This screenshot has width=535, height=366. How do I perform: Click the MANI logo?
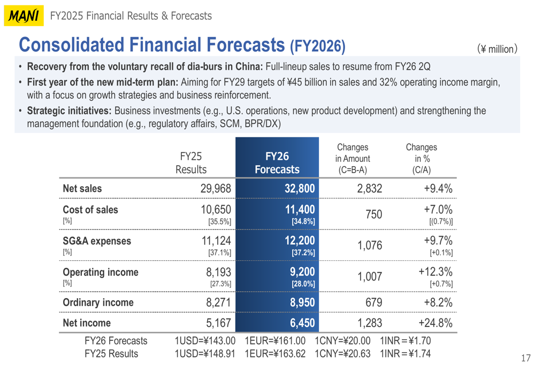(23, 16)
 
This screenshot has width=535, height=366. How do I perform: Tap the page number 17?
(525, 357)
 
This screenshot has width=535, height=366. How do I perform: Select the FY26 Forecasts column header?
(277, 163)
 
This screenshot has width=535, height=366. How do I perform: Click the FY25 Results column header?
(191, 163)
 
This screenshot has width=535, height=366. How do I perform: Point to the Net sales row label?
(82, 189)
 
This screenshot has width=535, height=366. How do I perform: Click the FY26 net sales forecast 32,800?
(296, 189)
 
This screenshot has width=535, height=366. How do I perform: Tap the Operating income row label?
(101, 272)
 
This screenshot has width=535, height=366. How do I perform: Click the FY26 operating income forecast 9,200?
(302, 272)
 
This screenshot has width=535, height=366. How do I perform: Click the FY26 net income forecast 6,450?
(302, 323)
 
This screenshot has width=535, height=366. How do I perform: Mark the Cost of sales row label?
(90, 209)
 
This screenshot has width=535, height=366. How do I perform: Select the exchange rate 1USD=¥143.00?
(205, 341)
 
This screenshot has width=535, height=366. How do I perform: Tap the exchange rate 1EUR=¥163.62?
(275, 354)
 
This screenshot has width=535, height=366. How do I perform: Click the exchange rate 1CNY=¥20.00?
(342, 341)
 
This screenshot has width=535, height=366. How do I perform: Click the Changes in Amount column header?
(353, 159)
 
